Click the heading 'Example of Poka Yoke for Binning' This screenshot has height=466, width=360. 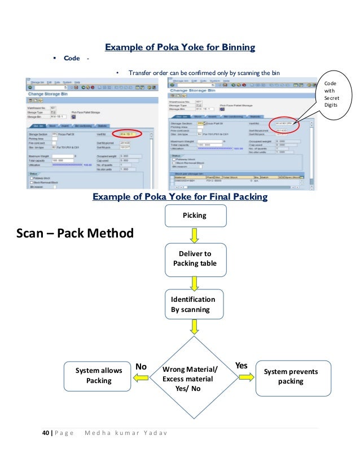pyautogui.click(x=180, y=47)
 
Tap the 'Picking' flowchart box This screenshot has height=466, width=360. pyautogui.click(x=195, y=216)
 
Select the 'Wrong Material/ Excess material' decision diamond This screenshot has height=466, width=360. pyautogui.click(x=190, y=373)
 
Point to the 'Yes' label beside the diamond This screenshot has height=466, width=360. pyautogui.click(x=242, y=366)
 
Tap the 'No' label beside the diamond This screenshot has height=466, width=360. pyautogui.click(x=141, y=366)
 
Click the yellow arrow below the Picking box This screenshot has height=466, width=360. pyautogui.click(x=195, y=235)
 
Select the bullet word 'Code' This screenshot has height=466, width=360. pyautogui.click(x=72, y=59)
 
